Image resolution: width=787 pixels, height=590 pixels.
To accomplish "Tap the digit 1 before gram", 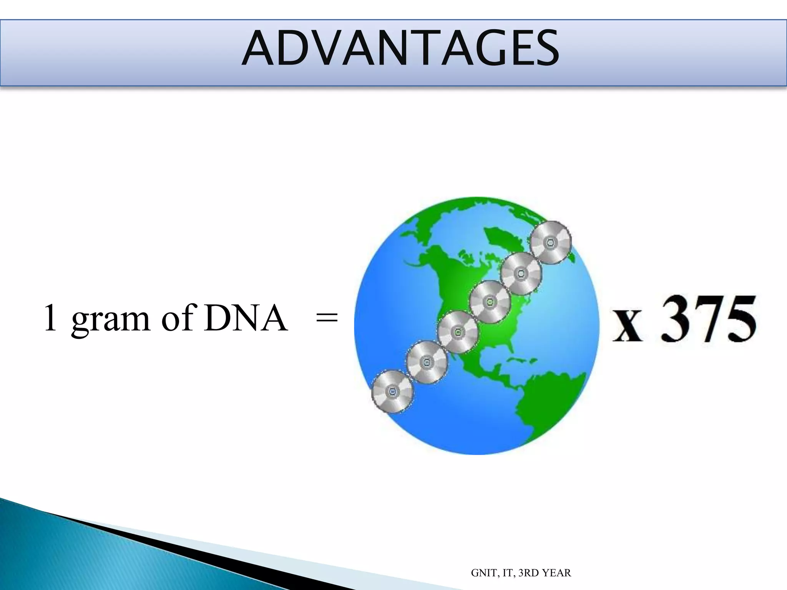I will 50,317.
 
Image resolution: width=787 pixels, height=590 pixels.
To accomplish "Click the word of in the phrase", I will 177,317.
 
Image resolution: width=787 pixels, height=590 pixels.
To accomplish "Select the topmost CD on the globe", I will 551,242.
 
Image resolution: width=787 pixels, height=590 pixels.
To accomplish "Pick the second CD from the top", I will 521,273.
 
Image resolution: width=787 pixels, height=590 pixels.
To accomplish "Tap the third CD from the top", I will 490,302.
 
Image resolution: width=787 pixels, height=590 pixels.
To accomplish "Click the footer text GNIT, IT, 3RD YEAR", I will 521,573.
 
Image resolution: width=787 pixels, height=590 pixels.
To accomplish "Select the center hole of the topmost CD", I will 551,242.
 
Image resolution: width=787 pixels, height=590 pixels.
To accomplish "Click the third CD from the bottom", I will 458,332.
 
